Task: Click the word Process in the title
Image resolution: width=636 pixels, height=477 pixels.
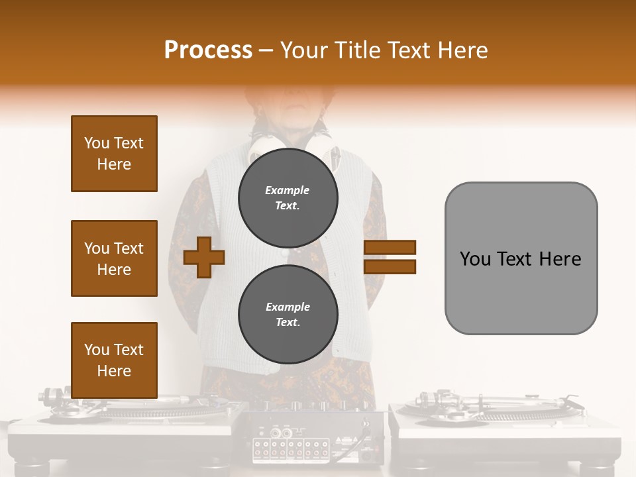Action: click(208, 50)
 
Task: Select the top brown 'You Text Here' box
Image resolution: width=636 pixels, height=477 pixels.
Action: click(114, 154)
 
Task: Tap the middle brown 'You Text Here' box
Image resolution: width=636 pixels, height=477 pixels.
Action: click(114, 258)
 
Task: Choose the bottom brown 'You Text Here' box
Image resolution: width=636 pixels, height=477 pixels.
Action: click(114, 360)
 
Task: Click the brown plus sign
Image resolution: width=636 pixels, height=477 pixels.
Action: click(204, 257)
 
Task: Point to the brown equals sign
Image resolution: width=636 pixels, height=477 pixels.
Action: click(390, 257)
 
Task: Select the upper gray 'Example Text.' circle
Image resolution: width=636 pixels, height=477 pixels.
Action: click(288, 197)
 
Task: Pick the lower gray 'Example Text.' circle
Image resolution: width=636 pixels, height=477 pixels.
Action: click(288, 314)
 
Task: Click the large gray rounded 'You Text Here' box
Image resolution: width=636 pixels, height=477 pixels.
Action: click(521, 258)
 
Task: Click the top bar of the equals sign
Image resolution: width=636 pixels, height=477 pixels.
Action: click(390, 247)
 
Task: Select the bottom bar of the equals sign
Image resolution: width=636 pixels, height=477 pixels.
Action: click(390, 266)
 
